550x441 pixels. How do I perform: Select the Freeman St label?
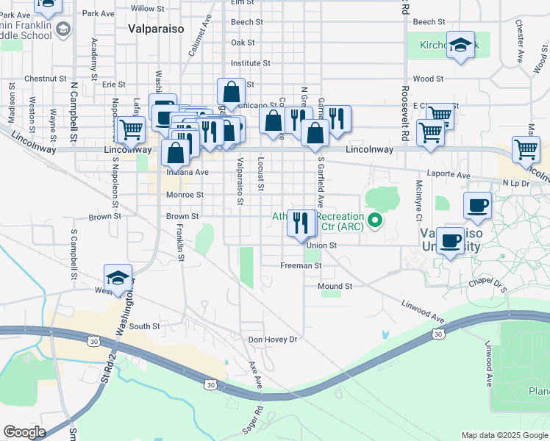pyautogui.click(x=301, y=265)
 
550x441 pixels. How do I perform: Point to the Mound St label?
pyautogui.click(x=335, y=286)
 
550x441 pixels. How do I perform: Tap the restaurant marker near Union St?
pyautogui.click(x=300, y=222)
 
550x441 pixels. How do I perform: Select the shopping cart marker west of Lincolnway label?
pyautogui.click(x=131, y=129)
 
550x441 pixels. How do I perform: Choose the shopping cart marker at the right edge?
pyautogui.click(x=526, y=148)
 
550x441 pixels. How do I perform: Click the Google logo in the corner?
pyautogui.click(x=25, y=432)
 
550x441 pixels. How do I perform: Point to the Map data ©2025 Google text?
pyautogui.click(x=504, y=435)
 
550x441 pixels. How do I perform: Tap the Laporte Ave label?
pyautogui.click(x=453, y=176)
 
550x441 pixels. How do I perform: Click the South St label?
pyautogui.click(x=145, y=326)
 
